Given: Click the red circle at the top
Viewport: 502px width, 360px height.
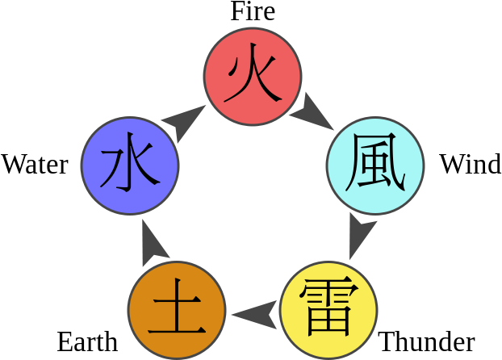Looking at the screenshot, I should pyautogui.click(x=253, y=77).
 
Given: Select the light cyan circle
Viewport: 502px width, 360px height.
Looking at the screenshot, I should pyautogui.click(x=375, y=165).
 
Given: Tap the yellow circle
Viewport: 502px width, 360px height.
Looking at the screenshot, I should pyautogui.click(x=328, y=310).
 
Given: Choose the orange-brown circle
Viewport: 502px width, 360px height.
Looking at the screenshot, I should pyautogui.click(x=177, y=310).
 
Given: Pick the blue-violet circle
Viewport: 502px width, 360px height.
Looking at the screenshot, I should pyautogui.click(x=130, y=165).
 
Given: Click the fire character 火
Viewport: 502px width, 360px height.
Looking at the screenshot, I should pyautogui.click(x=253, y=75).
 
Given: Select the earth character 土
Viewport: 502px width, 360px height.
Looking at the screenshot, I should pyautogui.click(x=177, y=310).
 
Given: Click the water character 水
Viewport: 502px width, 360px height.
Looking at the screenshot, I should pyautogui.click(x=129, y=165).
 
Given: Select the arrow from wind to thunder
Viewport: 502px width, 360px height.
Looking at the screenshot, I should pyautogui.click(x=361, y=235).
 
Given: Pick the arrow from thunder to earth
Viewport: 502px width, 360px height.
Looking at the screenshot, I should pyautogui.click(x=255, y=314).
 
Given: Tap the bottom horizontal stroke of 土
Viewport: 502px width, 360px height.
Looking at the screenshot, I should pyautogui.click(x=177, y=333).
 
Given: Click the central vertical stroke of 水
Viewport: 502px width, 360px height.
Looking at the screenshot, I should pyautogui.click(x=129, y=165).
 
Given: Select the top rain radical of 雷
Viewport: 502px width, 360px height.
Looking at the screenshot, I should pyautogui.click(x=328, y=291).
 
